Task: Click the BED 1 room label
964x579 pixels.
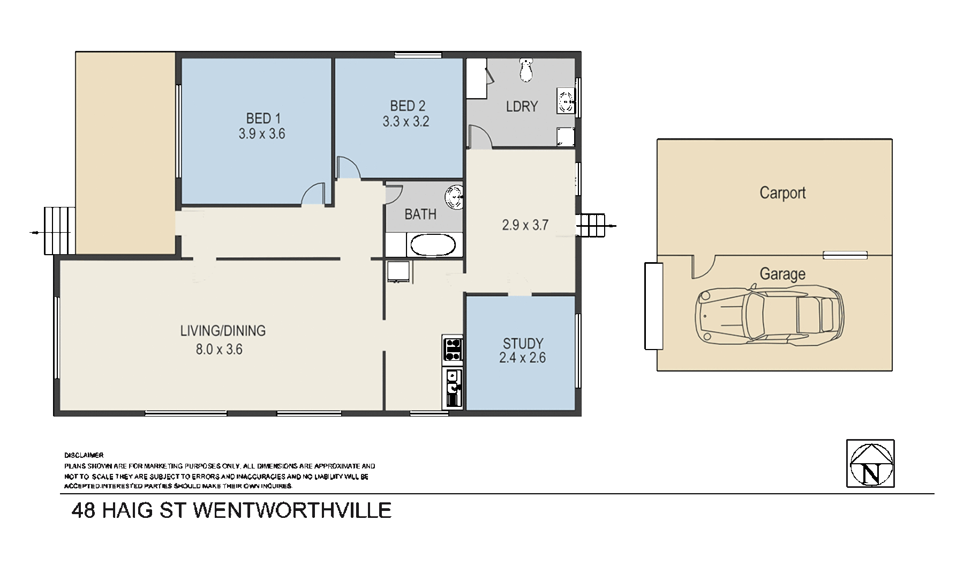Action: pos(263,118)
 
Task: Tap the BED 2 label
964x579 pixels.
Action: pos(408,106)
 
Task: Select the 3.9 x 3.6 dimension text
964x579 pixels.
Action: pos(262,134)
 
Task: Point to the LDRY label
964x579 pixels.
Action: pos(522,107)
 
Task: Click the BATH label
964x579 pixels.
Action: pos(420,214)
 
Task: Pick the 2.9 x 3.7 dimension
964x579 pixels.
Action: pos(525,225)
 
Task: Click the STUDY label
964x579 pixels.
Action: pos(523,343)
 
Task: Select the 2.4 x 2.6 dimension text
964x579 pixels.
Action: pos(522,358)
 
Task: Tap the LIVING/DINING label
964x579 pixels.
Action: pos(223,331)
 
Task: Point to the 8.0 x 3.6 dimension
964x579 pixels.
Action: pos(219,350)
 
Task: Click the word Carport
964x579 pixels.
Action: pos(782,193)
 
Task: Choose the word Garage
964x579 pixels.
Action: pos(782,274)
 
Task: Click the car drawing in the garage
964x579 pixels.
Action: pos(769,316)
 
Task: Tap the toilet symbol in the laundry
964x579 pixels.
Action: pos(527,70)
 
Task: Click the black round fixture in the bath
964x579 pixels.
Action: pos(456,197)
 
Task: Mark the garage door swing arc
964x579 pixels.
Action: pos(704,267)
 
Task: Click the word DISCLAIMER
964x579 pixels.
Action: pos(84,455)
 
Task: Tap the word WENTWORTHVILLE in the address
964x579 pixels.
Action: pos(292,510)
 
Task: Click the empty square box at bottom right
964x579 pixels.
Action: pos(870,463)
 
